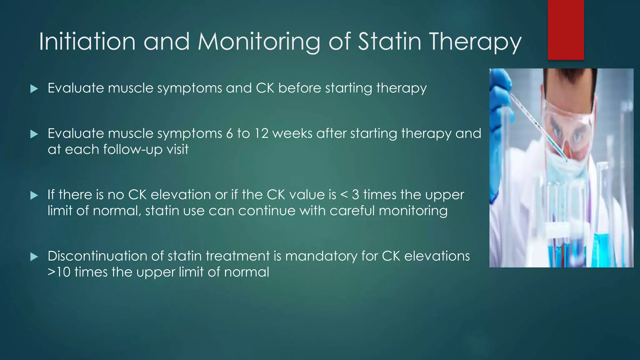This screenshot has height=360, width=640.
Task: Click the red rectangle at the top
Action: [566, 30]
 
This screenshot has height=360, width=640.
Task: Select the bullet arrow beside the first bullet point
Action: [34, 89]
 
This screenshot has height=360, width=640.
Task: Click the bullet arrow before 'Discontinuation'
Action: [34, 257]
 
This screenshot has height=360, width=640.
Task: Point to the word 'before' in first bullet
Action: [299, 88]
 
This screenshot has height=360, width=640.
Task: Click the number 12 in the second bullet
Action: [261, 134]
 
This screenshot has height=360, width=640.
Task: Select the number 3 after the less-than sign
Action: [355, 195]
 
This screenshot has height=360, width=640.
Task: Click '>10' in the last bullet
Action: [59, 272]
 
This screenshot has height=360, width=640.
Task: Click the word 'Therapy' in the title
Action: [475, 42]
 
